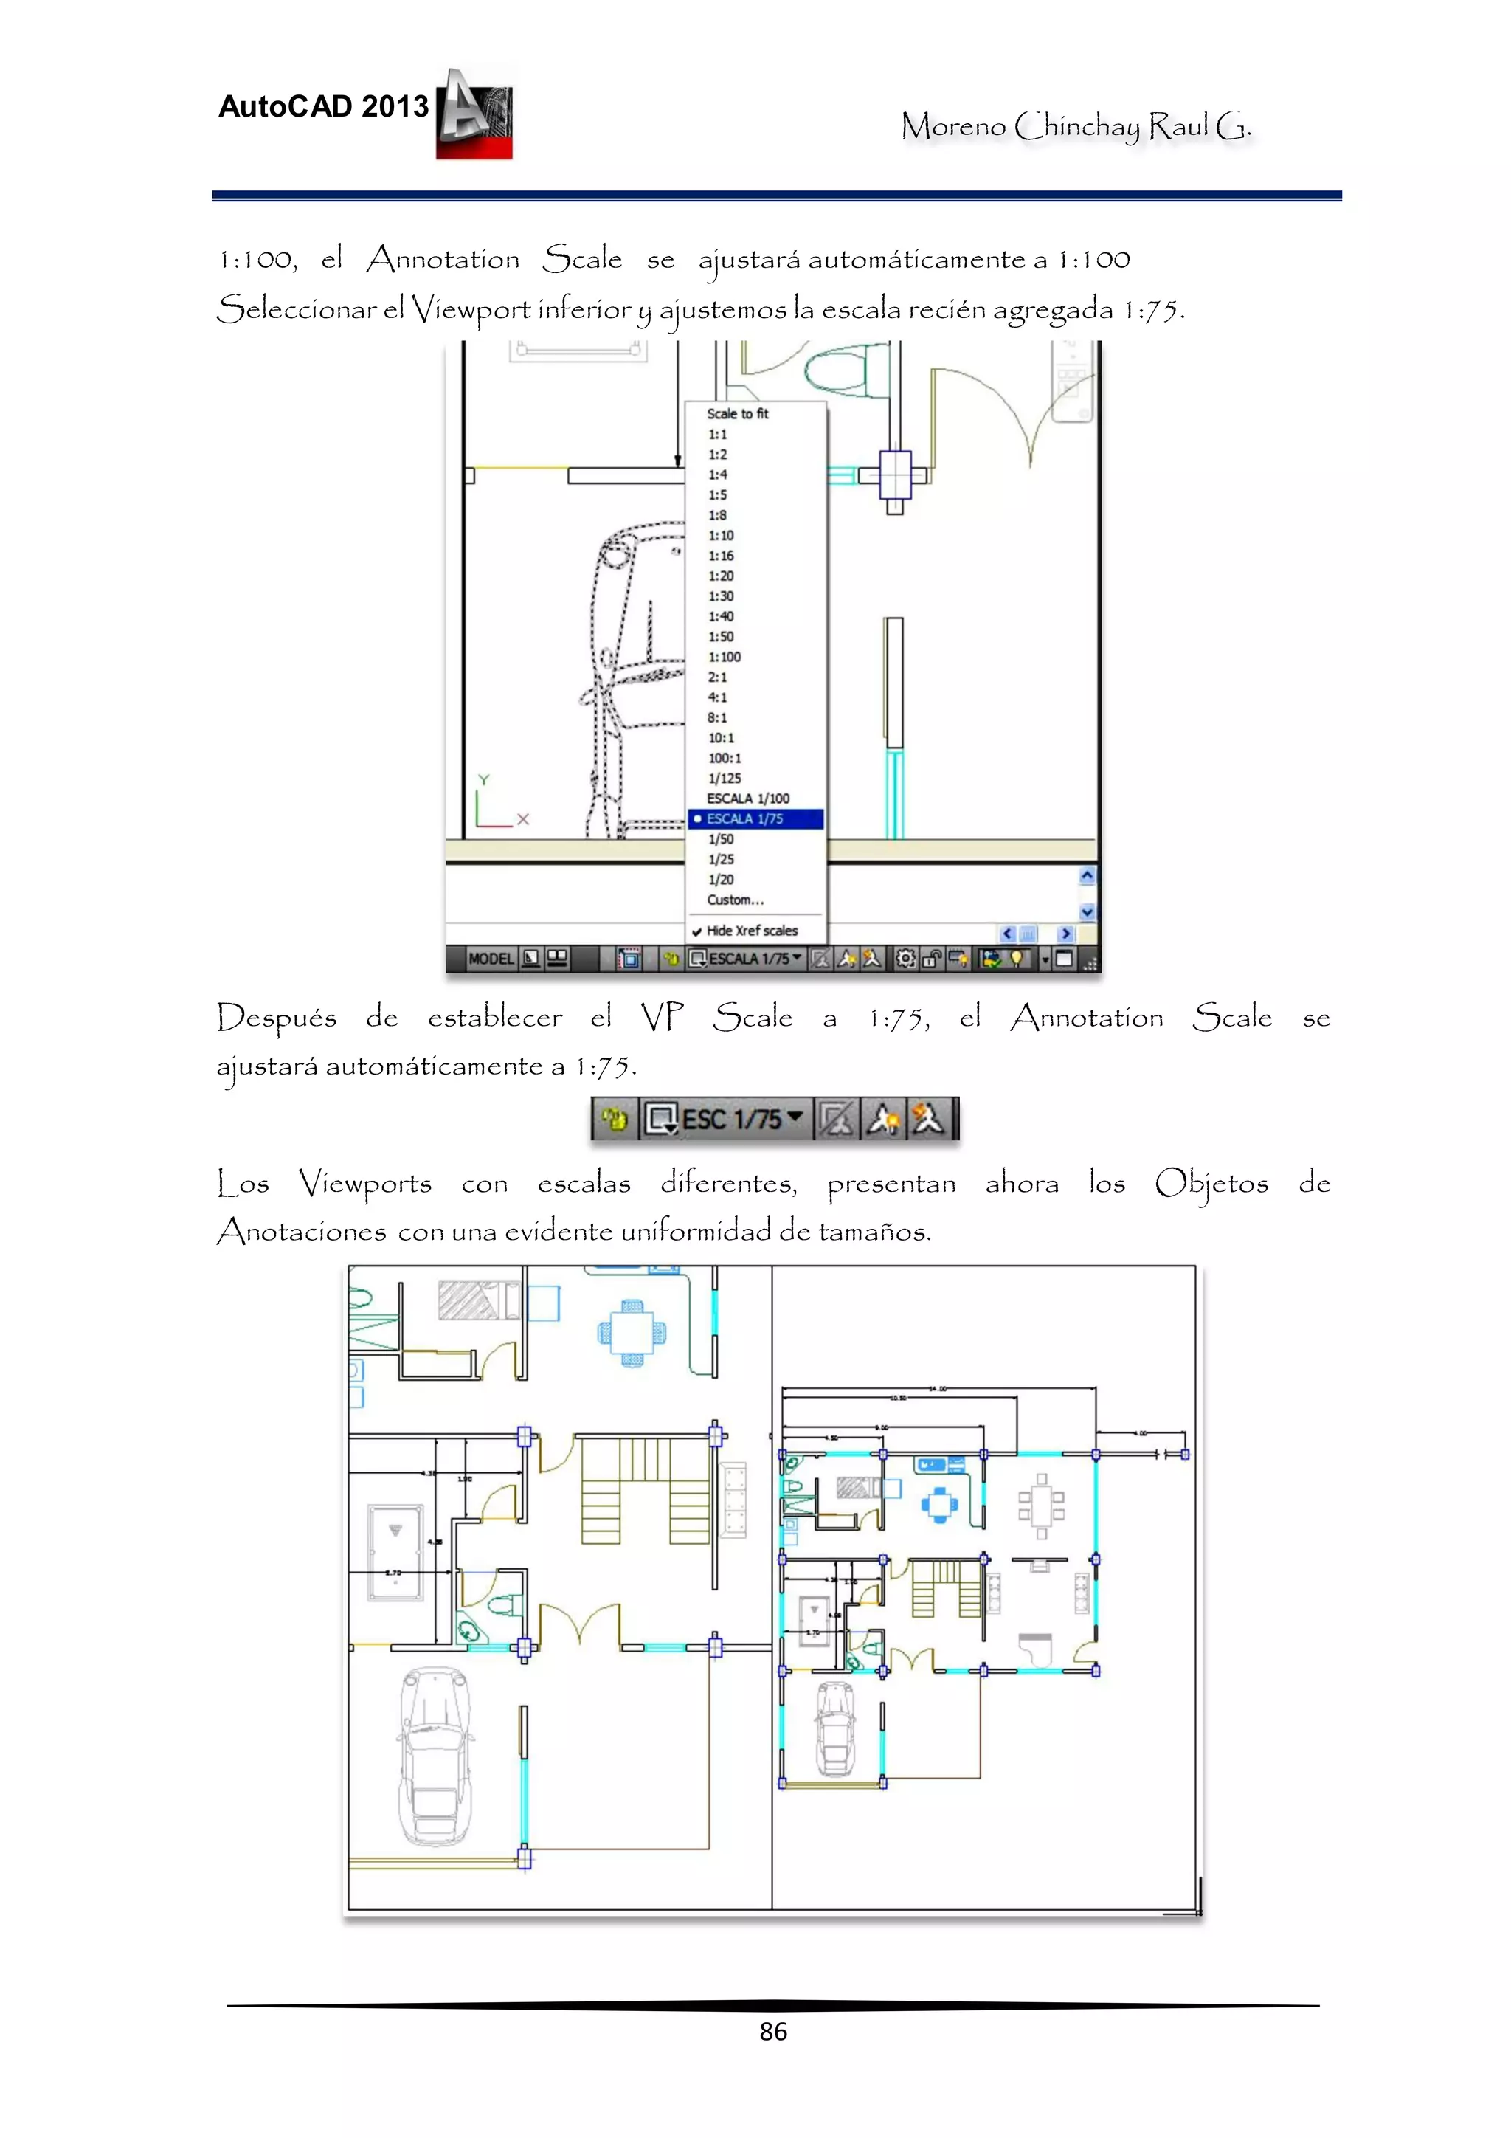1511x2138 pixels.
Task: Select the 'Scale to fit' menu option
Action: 737,413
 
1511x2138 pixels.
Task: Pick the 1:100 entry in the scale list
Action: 725,658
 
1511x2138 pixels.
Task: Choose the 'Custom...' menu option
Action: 735,900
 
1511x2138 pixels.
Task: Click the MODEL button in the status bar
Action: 491,958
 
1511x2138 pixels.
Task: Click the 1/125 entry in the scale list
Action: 725,779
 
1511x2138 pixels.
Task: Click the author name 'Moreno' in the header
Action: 953,125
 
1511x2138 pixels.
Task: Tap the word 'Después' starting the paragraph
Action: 277,1018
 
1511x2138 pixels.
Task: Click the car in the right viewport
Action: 835,1730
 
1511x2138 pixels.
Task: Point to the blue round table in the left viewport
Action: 632,1334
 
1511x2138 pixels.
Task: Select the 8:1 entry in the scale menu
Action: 717,718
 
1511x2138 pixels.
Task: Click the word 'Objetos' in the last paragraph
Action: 1211,1184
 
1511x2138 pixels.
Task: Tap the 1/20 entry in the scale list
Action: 721,880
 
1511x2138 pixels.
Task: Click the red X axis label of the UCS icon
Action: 523,819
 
